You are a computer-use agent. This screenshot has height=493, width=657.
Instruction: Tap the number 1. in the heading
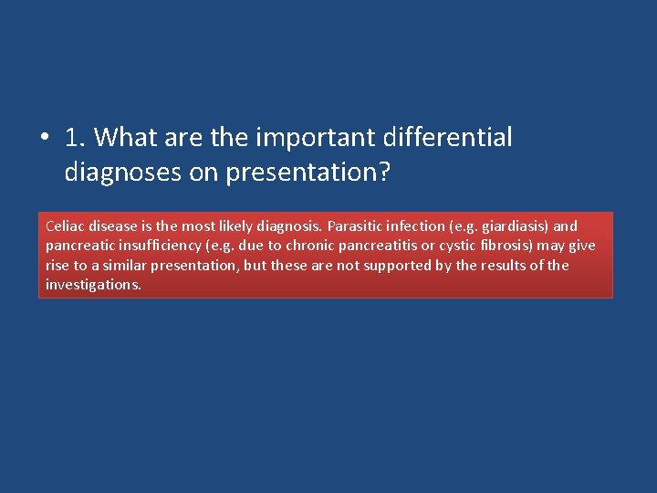point(76,138)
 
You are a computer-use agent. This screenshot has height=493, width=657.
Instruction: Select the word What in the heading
point(126,138)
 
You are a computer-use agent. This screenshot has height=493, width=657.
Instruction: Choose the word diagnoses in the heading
point(123,173)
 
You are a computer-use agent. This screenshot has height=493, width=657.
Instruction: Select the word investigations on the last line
point(93,285)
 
